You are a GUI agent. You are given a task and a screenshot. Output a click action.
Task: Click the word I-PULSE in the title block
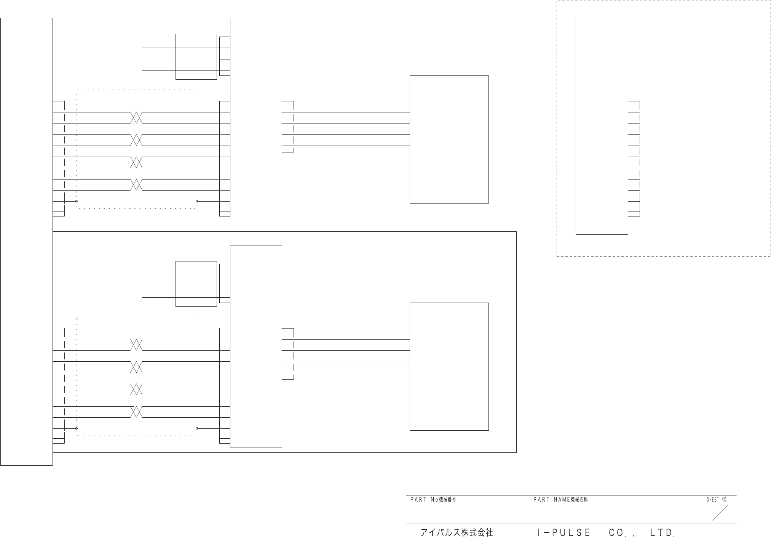(563, 532)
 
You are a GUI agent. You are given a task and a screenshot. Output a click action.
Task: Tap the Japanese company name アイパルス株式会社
(457, 532)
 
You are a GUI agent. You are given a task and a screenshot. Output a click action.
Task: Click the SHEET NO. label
(717, 500)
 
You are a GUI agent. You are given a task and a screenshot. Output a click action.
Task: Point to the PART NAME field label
(560, 500)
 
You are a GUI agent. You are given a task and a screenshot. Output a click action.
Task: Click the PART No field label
(433, 500)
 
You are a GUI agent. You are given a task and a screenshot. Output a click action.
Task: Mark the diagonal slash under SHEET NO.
(720, 513)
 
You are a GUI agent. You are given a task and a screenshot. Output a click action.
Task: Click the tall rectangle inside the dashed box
(602, 126)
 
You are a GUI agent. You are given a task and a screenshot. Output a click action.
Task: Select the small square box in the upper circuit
(196, 57)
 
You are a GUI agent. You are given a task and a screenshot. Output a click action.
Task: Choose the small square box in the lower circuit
(196, 284)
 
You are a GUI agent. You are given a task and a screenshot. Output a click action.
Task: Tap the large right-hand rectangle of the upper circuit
(449, 139)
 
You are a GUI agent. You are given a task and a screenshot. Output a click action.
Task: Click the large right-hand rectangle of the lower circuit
(449, 367)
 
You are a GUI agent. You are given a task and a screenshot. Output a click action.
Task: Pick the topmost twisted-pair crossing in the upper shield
(136, 118)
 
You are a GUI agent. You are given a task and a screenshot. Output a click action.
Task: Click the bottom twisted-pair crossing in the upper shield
(136, 185)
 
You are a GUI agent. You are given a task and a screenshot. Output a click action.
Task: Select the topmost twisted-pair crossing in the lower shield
(136, 345)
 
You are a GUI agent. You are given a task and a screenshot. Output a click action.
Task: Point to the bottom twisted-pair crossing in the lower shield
(136, 412)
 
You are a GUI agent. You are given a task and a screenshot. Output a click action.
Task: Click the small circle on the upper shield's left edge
(77, 201)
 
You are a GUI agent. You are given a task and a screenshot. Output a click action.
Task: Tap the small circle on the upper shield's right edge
(196, 201)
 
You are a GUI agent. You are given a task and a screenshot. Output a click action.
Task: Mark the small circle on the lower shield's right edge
(196, 428)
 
